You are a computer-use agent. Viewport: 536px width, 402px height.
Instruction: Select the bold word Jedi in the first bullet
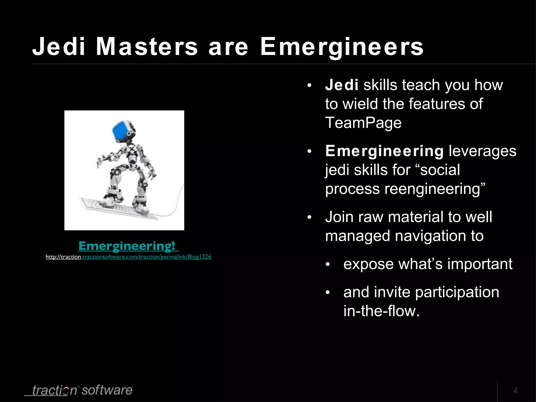(x=342, y=85)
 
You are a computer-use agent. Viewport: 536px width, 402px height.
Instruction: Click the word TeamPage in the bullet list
(x=363, y=123)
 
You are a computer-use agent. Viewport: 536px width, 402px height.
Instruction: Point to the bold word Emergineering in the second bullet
(x=384, y=151)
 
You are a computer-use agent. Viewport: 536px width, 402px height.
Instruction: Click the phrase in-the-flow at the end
(x=381, y=311)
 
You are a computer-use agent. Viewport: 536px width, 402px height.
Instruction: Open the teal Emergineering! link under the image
(x=128, y=246)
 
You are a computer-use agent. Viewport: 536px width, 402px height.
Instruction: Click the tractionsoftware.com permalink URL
(x=128, y=257)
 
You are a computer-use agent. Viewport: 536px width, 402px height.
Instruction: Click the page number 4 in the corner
(x=515, y=391)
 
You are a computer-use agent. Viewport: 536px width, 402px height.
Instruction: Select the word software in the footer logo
(x=107, y=390)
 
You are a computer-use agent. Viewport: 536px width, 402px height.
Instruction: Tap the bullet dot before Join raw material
(x=309, y=217)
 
